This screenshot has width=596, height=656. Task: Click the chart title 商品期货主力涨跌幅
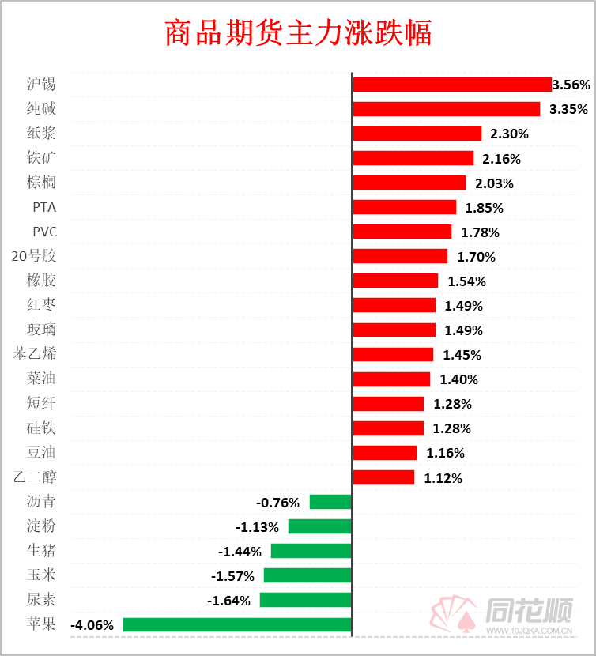coord(298,34)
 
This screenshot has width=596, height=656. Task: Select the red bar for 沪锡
coord(451,85)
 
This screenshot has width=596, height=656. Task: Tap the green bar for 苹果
coord(237,624)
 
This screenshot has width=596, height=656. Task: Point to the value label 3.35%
coord(569,109)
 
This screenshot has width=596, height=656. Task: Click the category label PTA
coord(44,207)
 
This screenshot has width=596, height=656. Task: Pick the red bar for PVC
coord(402,232)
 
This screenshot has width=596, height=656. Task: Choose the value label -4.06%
coord(92,625)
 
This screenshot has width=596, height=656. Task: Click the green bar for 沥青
coord(330,502)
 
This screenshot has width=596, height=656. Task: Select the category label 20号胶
coord(34,256)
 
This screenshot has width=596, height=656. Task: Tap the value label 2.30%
coord(510,134)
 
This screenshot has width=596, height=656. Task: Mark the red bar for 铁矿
coord(413,158)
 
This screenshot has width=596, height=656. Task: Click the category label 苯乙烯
coord(34,353)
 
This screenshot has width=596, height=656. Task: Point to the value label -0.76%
coord(278,503)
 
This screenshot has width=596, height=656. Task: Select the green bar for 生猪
coord(311,551)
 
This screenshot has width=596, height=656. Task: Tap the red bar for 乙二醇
coord(383,477)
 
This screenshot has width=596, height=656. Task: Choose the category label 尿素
coord(41,599)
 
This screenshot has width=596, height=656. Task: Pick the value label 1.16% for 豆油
coord(445,454)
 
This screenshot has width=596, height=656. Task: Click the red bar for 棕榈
coord(409,183)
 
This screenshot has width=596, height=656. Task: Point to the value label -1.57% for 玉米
coord(233,576)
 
